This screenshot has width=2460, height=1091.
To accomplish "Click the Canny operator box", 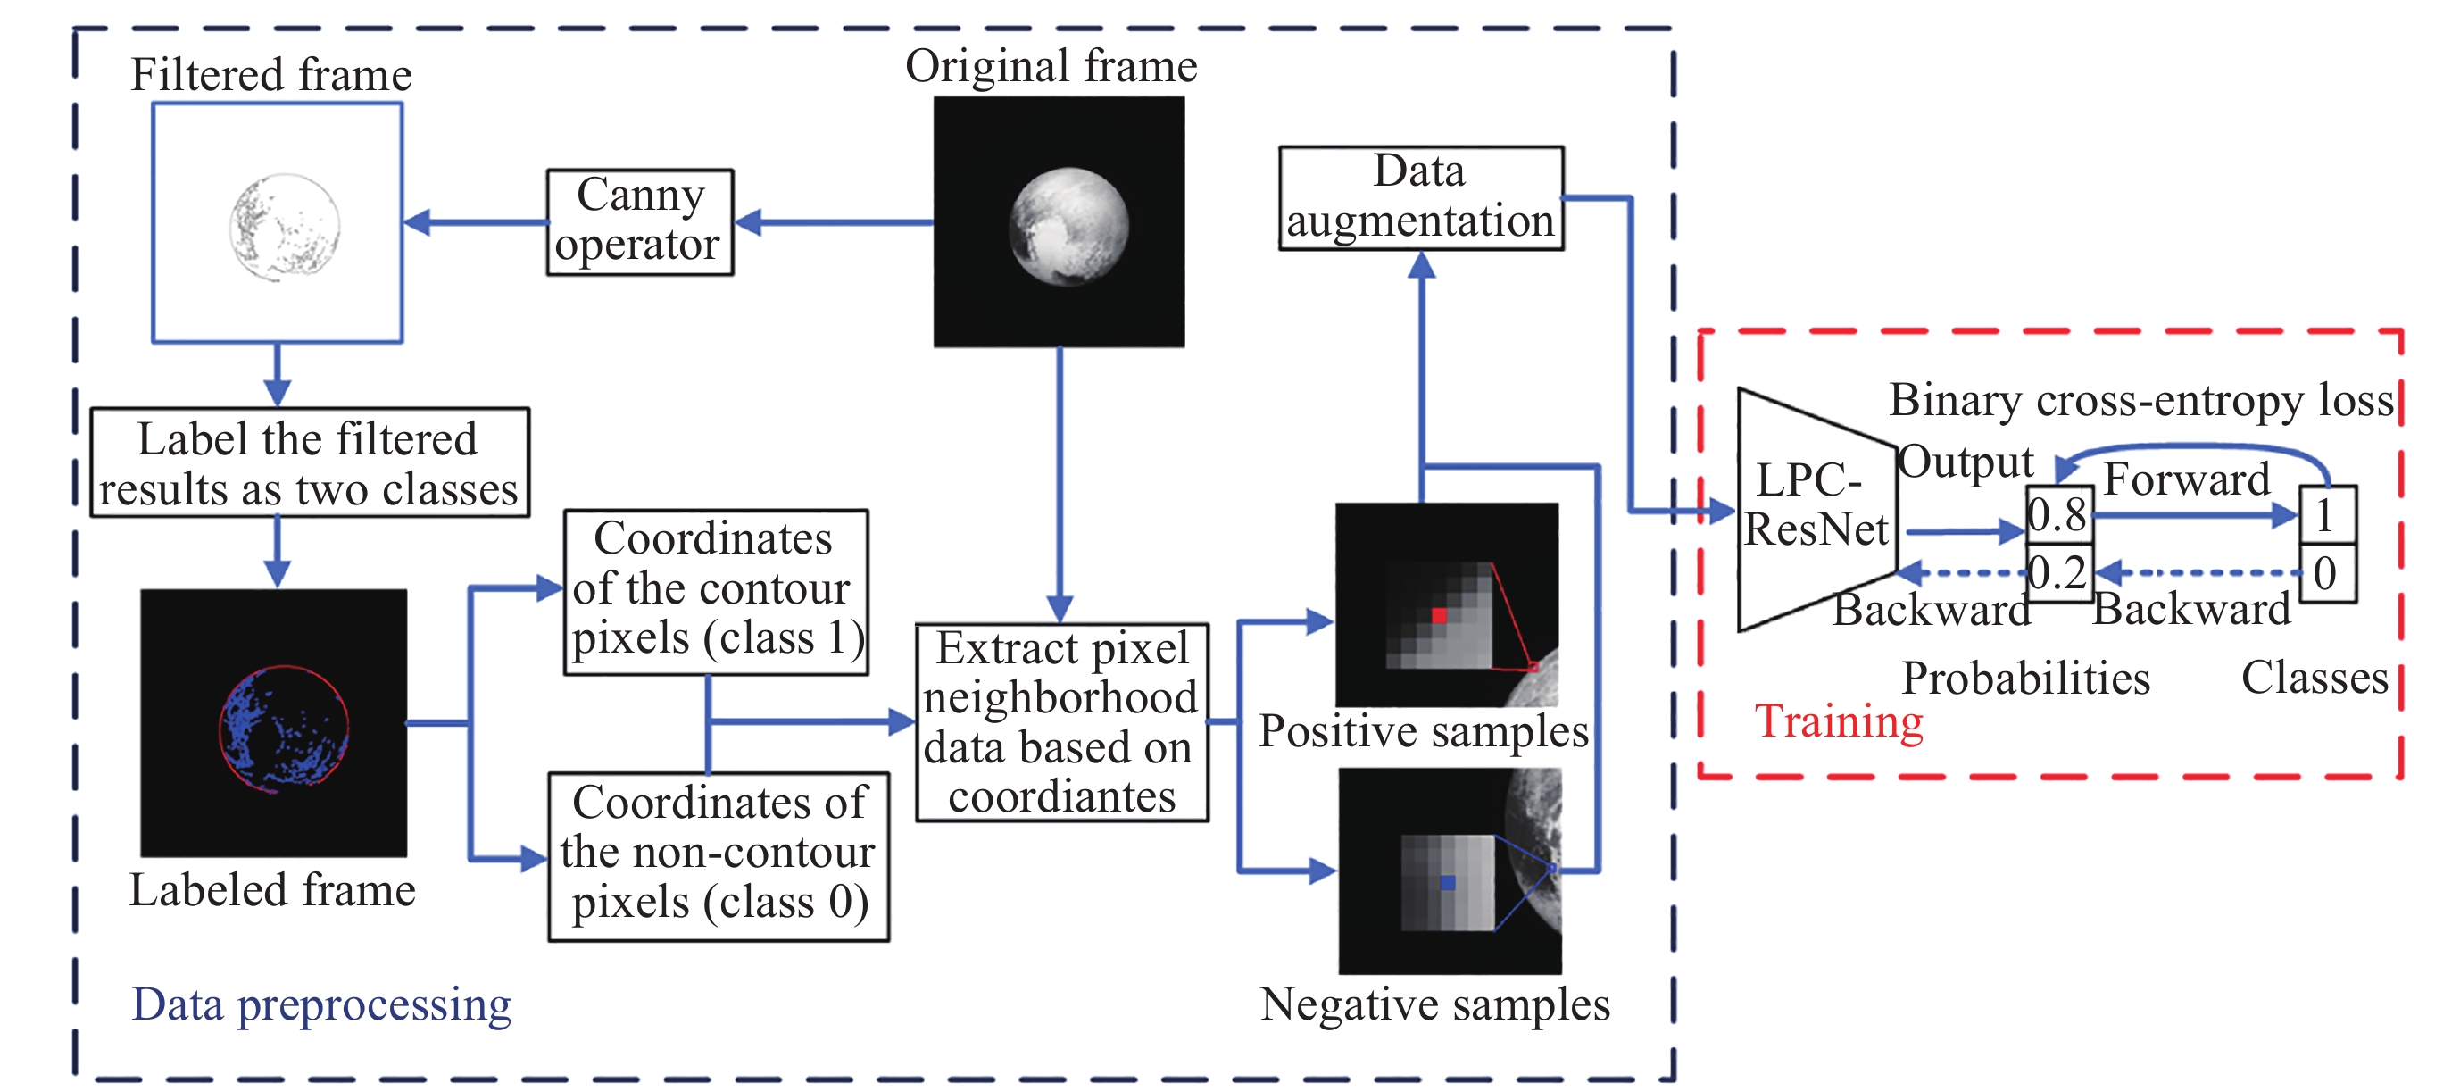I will [x=639, y=221].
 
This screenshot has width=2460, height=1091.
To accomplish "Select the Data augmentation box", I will [x=1420, y=198].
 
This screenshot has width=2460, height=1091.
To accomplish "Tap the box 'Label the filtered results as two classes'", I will [x=309, y=463].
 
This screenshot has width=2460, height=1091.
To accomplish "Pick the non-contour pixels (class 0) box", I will [x=719, y=856].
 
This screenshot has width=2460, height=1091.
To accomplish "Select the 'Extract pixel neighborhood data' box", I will [x=1061, y=722].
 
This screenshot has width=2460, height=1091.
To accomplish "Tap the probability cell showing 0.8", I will [x=2059, y=516].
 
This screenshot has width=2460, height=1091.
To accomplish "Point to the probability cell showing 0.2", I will [x=2059, y=573].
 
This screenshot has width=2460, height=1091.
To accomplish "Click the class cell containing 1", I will [x=2326, y=516].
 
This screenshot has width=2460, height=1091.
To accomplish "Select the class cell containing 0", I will [x=2326, y=573].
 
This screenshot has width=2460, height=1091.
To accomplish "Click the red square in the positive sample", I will [x=1438, y=616].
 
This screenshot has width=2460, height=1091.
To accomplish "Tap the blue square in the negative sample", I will [x=1448, y=883].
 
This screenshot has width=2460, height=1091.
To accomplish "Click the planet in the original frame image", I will [x=1068, y=227].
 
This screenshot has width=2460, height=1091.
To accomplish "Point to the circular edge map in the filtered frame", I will [x=285, y=228].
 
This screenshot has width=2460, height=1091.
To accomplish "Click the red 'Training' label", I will [x=1839, y=721].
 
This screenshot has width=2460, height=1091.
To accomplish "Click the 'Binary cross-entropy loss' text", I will [x=2141, y=400].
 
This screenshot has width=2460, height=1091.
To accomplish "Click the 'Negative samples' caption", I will [x=1434, y=1005].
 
